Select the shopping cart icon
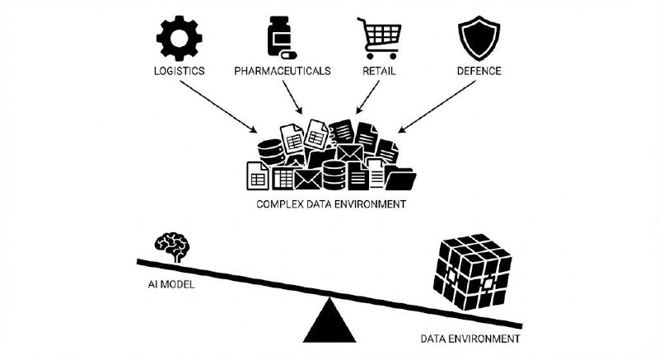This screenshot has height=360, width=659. coord(378,37)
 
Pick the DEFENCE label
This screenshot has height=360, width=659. coord(479,71)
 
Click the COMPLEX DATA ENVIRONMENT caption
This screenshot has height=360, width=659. coord(330,202)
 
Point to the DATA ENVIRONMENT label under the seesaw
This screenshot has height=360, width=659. coord(470,339)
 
